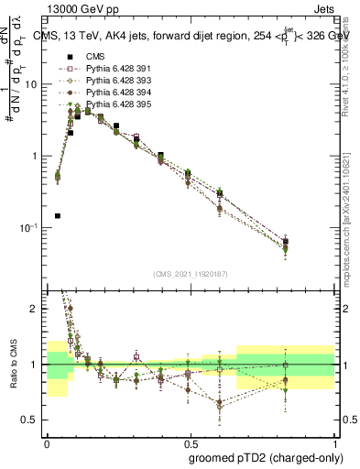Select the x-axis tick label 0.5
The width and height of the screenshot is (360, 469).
190,441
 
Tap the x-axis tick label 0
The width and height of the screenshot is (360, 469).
47,441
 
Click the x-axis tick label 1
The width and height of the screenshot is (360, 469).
333,441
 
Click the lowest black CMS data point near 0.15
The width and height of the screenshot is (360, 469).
58,216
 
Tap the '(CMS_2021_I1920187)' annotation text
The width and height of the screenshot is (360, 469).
191,274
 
